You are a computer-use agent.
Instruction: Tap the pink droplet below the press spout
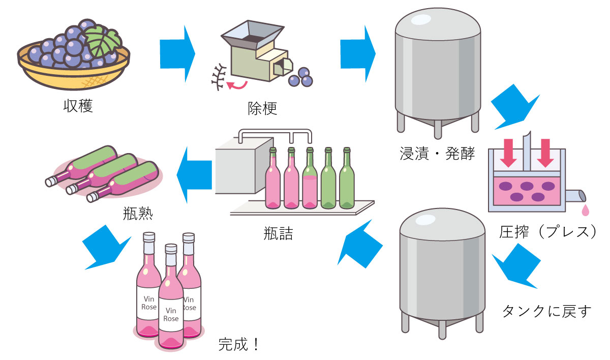(x=586, y=209)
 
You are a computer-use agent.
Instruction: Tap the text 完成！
(x=238, y=345)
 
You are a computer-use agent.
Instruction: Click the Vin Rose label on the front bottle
(x=171, y=314)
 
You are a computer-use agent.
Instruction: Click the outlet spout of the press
(x=575, y=196)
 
